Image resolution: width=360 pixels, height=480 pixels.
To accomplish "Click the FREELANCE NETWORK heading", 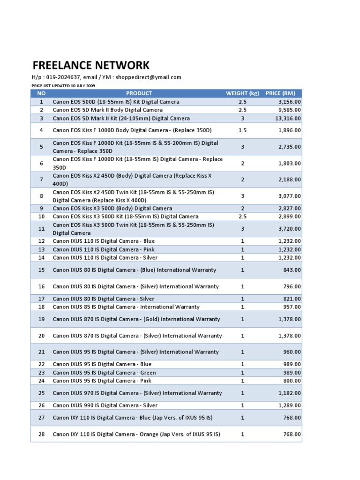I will pyautogui.click(x=91, y=65).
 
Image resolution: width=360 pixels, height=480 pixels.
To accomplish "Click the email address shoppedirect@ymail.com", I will pyautogui.click(x=149, y=77).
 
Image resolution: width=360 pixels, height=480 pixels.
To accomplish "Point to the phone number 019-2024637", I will pyautogui.click(x=63, y=77).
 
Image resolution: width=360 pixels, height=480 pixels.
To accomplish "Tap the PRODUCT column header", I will pyautogui.click(x=139, y=93).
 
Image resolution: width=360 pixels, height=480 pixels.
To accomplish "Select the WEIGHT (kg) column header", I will pyautogui.click(x=242, y=93).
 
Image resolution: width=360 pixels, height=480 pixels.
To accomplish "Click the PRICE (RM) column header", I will pyautogui.click(x=280, y=93).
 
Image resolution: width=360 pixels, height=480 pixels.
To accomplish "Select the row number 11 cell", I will pyautogui.click(x=41, y=229).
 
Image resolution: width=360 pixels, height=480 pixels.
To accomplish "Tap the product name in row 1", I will pyautogui.click(x=116, y=102).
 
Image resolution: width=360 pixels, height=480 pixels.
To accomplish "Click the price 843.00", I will pyautogui.click(x=292, y=270).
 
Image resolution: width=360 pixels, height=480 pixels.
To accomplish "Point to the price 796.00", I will pyautogui.click(x=292, y=286).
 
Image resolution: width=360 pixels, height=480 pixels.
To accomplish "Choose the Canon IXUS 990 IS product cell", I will pyautogui.click(x=105, y=405).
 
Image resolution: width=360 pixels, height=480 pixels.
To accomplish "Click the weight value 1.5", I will pyautogui.click(x=242, y=130).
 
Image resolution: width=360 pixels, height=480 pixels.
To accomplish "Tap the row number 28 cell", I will pyautogui.click(x=41, y=434).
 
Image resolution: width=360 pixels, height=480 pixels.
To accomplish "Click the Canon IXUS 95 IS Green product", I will pyautogui.click(x=104, y=373).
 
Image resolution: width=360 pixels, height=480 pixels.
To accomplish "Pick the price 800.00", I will pyautogui.click(x=292, y=381).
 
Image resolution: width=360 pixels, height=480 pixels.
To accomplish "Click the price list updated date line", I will pyautogui.click(x=63, y=86).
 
